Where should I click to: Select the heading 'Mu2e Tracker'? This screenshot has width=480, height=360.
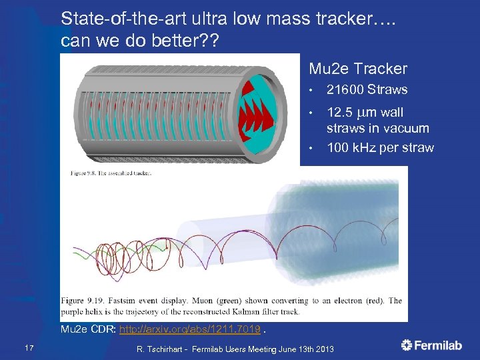coord(357,69)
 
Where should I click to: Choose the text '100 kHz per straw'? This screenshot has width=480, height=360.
coord(380,147)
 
